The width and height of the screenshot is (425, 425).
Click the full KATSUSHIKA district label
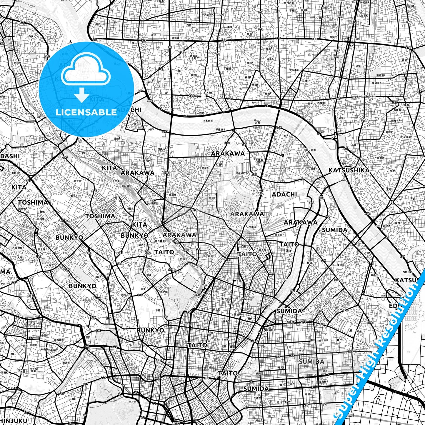pos(349,170)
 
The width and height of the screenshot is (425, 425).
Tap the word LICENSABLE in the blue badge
pos(86,112)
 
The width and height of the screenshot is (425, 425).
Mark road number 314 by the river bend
pos(312,203)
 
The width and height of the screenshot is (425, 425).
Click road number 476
pos(370,322)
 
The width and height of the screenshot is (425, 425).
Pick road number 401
pos(85,415)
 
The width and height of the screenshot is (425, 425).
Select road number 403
pos(143,417)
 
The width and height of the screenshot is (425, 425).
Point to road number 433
pos(52,357)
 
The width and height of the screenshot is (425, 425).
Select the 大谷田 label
pos(409,22)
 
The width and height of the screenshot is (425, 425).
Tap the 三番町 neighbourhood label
pos(73,399)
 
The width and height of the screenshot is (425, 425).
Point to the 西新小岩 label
pos(407,272)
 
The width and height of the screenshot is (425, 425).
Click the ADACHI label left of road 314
pos(284,194)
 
